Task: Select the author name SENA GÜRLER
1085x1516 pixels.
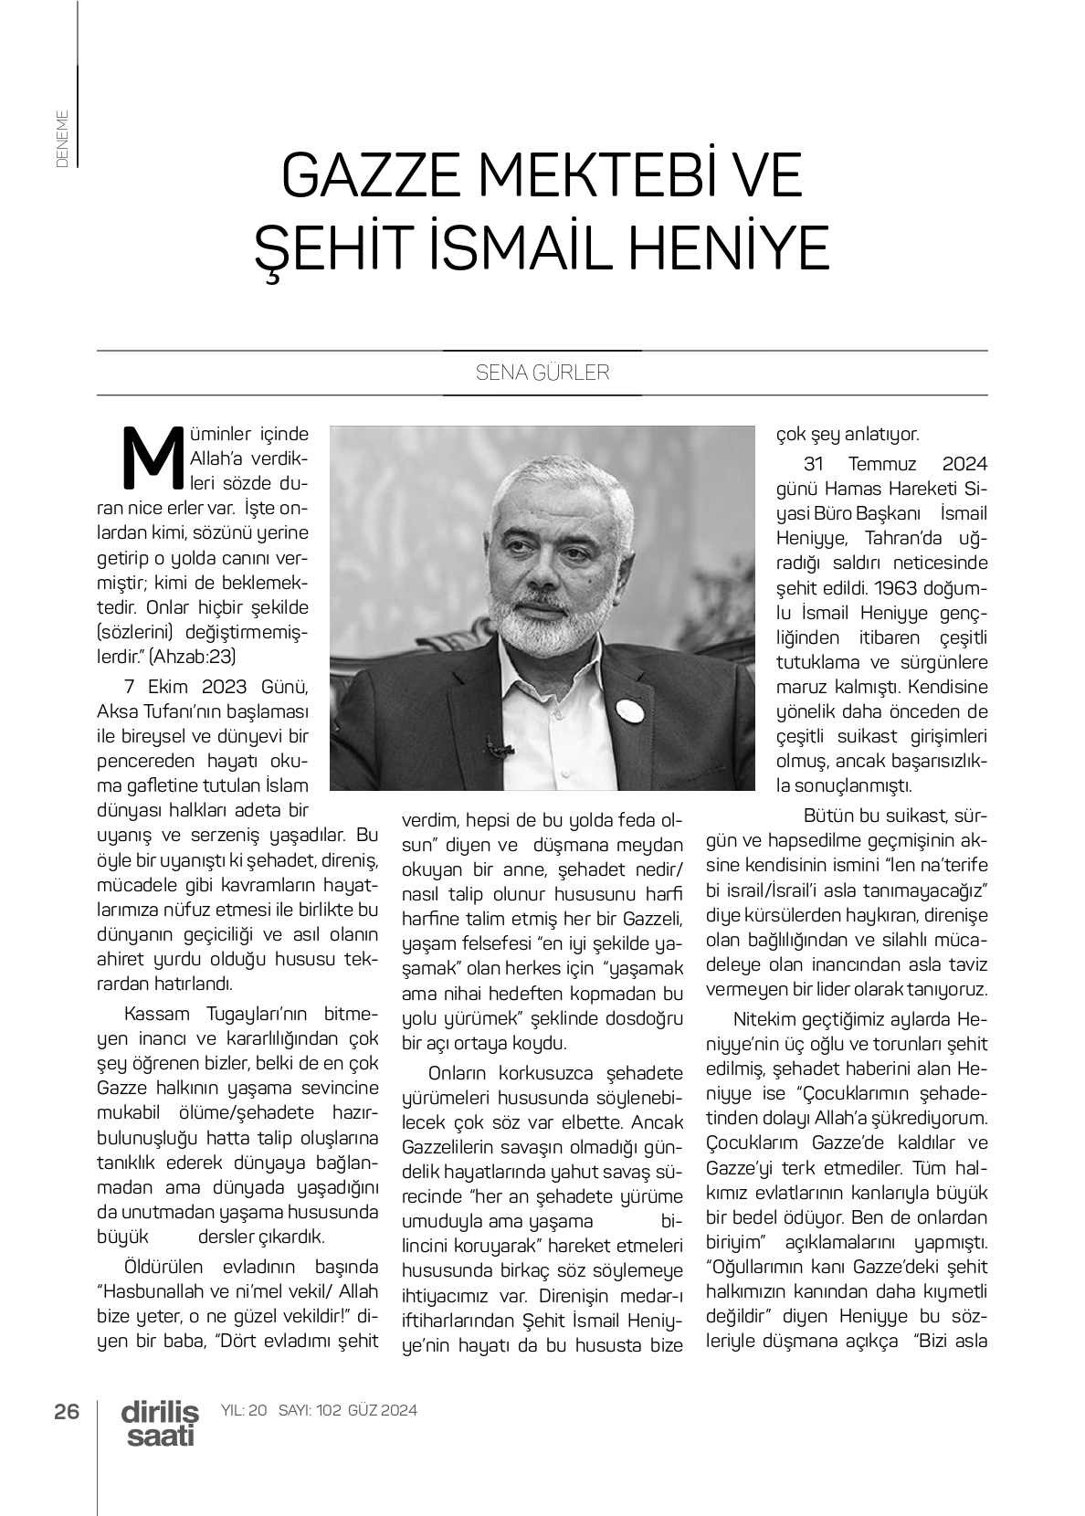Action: (x=542, y=374)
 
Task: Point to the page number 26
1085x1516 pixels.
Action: (x=67, y=1410)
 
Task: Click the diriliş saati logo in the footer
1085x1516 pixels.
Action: (x=160, y=1423)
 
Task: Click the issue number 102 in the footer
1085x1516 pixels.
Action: (x=331, y=1410)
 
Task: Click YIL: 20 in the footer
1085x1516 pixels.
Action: (x=244, y=1410)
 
